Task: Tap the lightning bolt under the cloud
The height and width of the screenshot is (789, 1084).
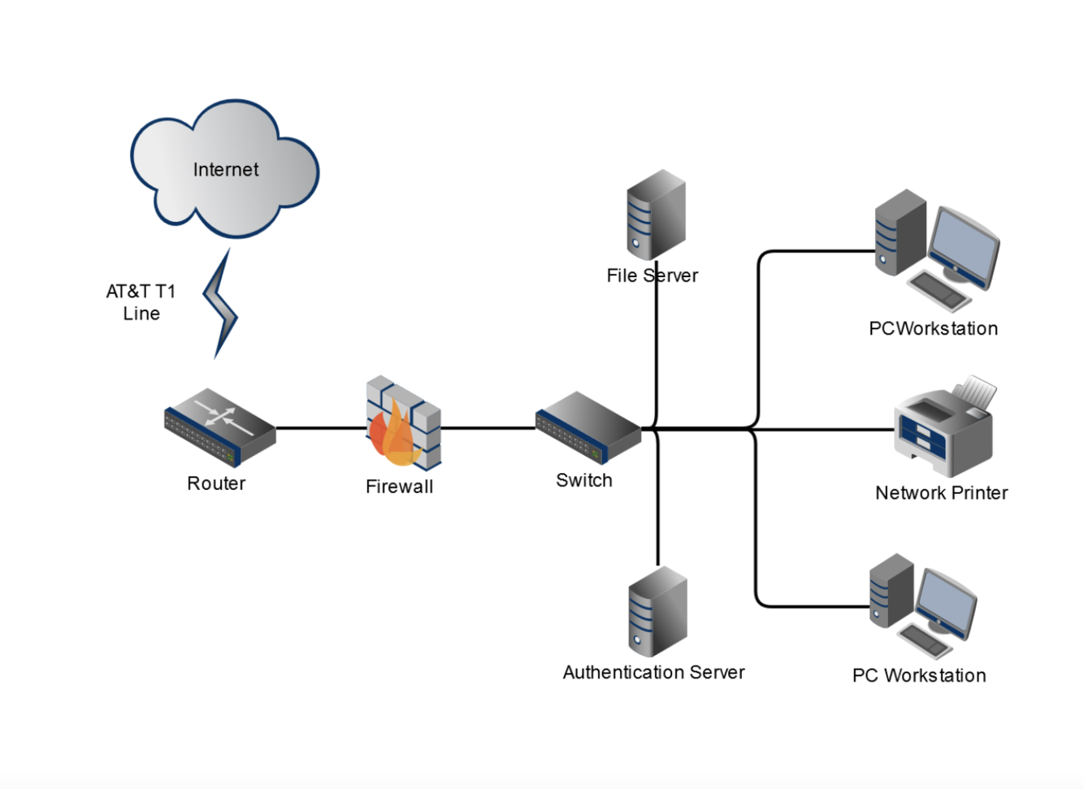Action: [219, 305]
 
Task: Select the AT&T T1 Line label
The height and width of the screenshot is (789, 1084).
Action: [141, 302]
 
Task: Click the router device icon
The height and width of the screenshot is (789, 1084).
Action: [220, 427]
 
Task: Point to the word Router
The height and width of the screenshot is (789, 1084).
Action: [216, 483]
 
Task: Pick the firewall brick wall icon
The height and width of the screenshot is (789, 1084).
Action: [404, 423]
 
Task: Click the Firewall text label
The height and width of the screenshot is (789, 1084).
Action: [399, 487]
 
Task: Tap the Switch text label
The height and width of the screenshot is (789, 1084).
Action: [583, 480]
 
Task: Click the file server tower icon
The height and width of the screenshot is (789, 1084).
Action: [656, 215]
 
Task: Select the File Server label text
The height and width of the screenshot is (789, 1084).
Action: [652, 276]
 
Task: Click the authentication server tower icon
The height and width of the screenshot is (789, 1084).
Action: [657, 611]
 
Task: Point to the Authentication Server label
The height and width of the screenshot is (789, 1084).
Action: [653, 673]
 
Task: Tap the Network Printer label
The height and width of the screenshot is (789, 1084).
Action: [941, 493]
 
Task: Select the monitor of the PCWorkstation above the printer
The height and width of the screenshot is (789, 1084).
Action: [964, 246]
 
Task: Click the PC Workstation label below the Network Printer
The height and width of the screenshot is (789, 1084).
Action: [918, 676]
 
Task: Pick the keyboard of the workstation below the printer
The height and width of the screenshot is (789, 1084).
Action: [926, 640]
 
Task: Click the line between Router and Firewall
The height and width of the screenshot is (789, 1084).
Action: [321, 427]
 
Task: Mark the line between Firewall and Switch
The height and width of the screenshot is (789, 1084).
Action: [488, 427]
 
